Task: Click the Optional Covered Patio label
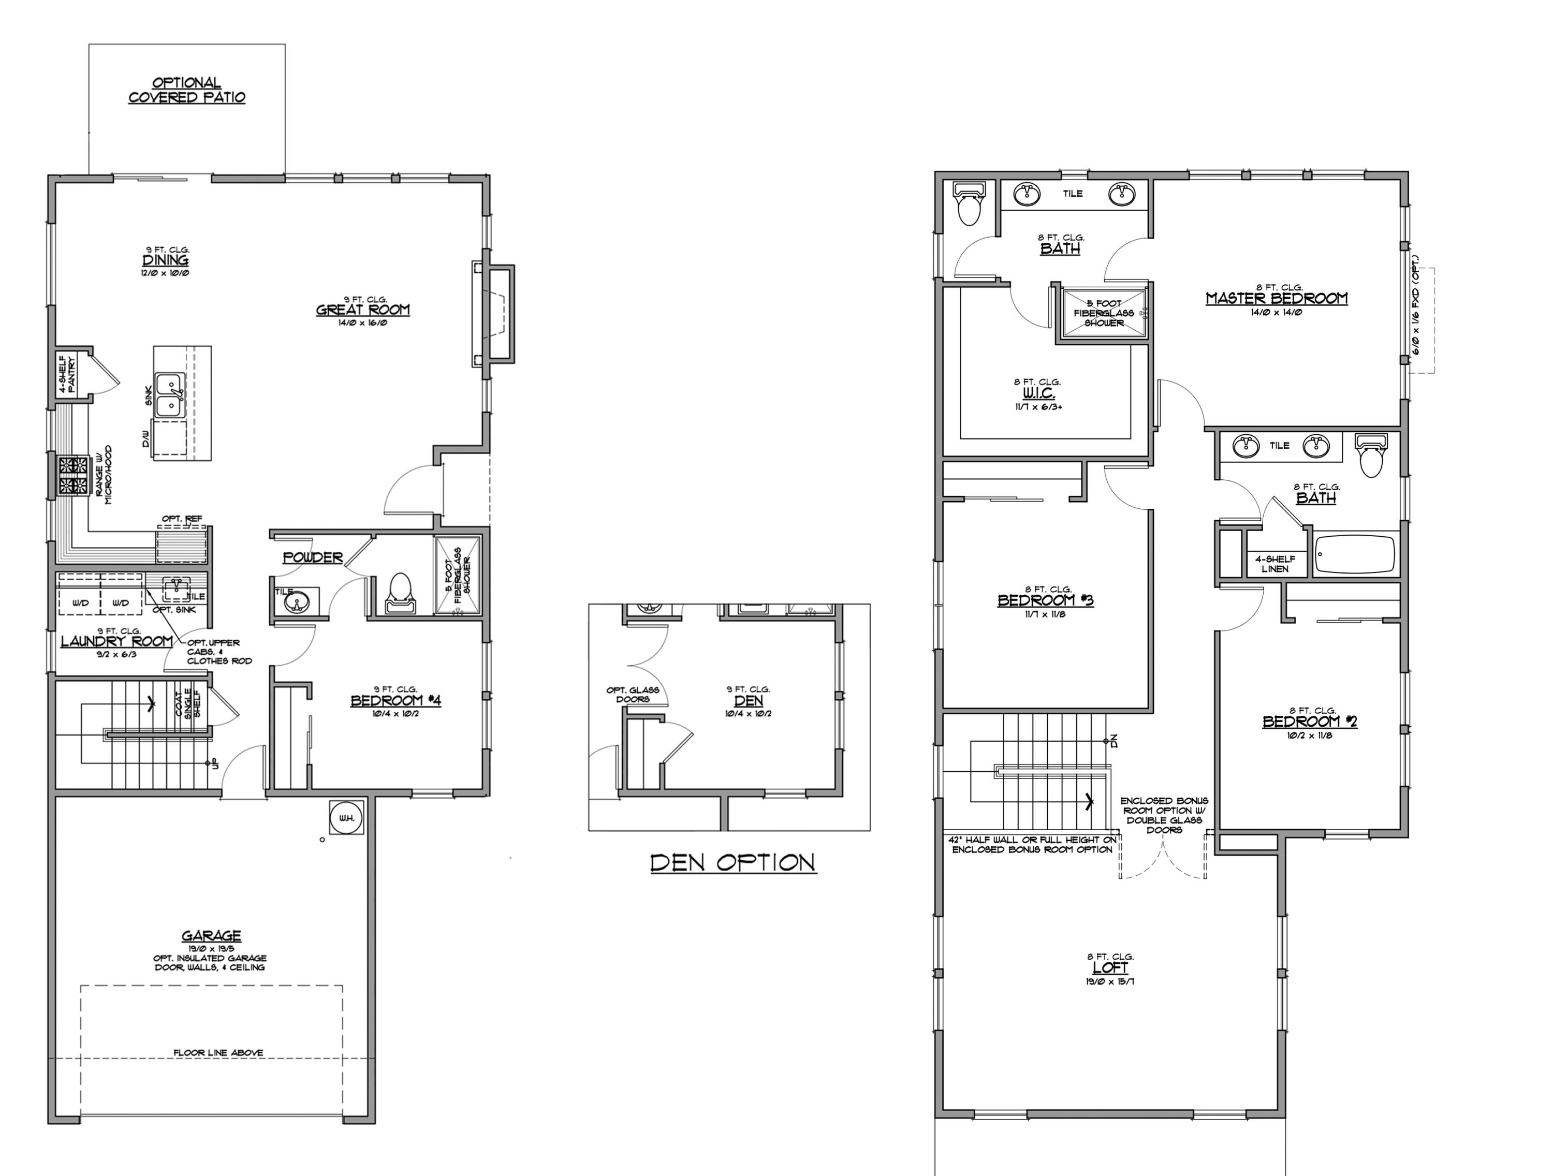tap(187, 91)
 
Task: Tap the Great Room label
tap(363, 310)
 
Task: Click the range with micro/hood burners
tap(73, 477)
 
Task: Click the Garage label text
tap(211, 936)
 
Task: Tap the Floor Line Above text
tap(218, 1052)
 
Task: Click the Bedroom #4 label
tap(396, 701)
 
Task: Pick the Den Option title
tap(733, 863)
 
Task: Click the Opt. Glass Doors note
tap(633, 694)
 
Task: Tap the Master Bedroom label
tap(1277, 298)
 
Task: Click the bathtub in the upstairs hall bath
tap(1355, 555)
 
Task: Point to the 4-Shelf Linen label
tap(1275, 564)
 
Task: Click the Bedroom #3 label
tap(1045, 600)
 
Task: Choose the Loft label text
tap(1110, 967)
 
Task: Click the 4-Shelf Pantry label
tap(67, 374)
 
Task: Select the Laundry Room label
tap(116, 641)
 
